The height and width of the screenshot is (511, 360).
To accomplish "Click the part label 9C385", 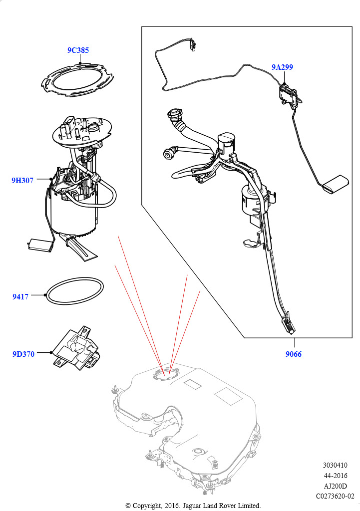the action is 78,50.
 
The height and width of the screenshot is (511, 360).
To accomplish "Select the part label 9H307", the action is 22,180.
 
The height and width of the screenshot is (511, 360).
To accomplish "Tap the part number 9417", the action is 20,296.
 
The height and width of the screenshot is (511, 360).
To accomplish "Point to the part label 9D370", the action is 23,354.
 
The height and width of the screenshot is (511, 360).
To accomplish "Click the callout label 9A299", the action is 283,67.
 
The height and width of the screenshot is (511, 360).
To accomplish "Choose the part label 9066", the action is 294,354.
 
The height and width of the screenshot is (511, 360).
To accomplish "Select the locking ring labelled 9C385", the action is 77,79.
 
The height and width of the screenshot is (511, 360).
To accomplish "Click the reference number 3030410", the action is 335,465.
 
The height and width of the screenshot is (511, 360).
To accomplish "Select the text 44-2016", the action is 335,476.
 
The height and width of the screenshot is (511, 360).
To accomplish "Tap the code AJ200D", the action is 335,486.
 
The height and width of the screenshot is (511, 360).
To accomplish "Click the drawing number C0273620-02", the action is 335,497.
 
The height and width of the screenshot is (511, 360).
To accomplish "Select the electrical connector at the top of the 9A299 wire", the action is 193,45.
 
